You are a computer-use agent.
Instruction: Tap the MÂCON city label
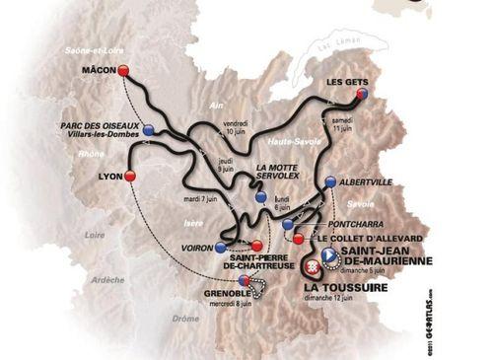point(99,69)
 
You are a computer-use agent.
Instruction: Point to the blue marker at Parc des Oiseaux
point(148,129)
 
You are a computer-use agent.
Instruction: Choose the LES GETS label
point(349,82)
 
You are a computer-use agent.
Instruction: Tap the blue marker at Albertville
point(329,182)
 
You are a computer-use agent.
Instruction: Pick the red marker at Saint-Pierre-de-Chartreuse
point(257,247)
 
